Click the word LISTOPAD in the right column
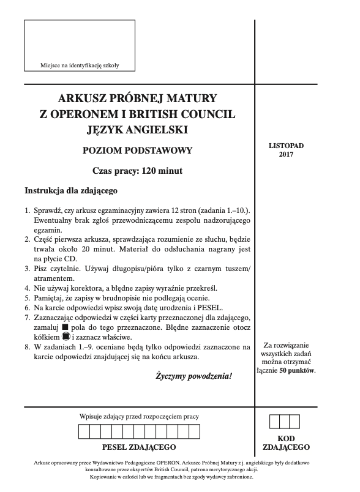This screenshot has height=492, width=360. tap(285, 146)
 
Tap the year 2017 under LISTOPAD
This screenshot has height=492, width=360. tap(285, 155)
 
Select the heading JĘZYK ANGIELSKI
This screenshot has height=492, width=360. tap(137, 129)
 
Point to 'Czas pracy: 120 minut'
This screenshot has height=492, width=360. tap(137, 171)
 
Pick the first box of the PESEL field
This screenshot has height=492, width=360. tap(84, 431)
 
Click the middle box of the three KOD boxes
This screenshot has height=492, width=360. tap(285, 422)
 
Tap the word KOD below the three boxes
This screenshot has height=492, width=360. tap(285, 439)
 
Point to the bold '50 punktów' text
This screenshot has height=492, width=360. tap(297, 371)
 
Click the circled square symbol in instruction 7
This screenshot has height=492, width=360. tap(66, 337)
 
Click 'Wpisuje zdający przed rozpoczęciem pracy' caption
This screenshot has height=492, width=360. tap(140, 417)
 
